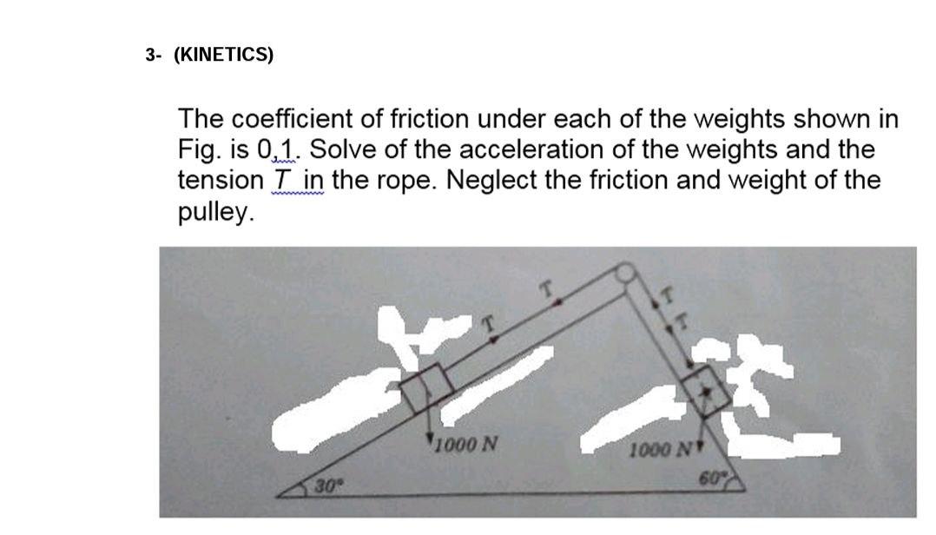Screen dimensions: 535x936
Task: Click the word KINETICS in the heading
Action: pyautogui.click(x=223, y=55)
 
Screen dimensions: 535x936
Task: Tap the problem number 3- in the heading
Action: pyautogui.click(x=154, y=55)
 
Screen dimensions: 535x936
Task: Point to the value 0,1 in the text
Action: pyautogui.click(x=278, y=149)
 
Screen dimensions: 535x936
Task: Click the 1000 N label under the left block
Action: pyautogui.click(x=465, y=446)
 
